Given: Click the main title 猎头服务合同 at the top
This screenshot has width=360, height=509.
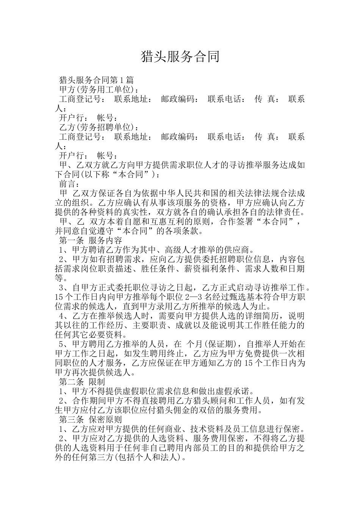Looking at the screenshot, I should point(180,57).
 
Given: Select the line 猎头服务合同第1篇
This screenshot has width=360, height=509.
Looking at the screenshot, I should point(97,80).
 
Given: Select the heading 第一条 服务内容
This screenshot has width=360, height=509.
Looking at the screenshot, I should point(91,240).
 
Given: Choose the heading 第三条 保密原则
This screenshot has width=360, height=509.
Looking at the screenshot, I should point(91,420).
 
